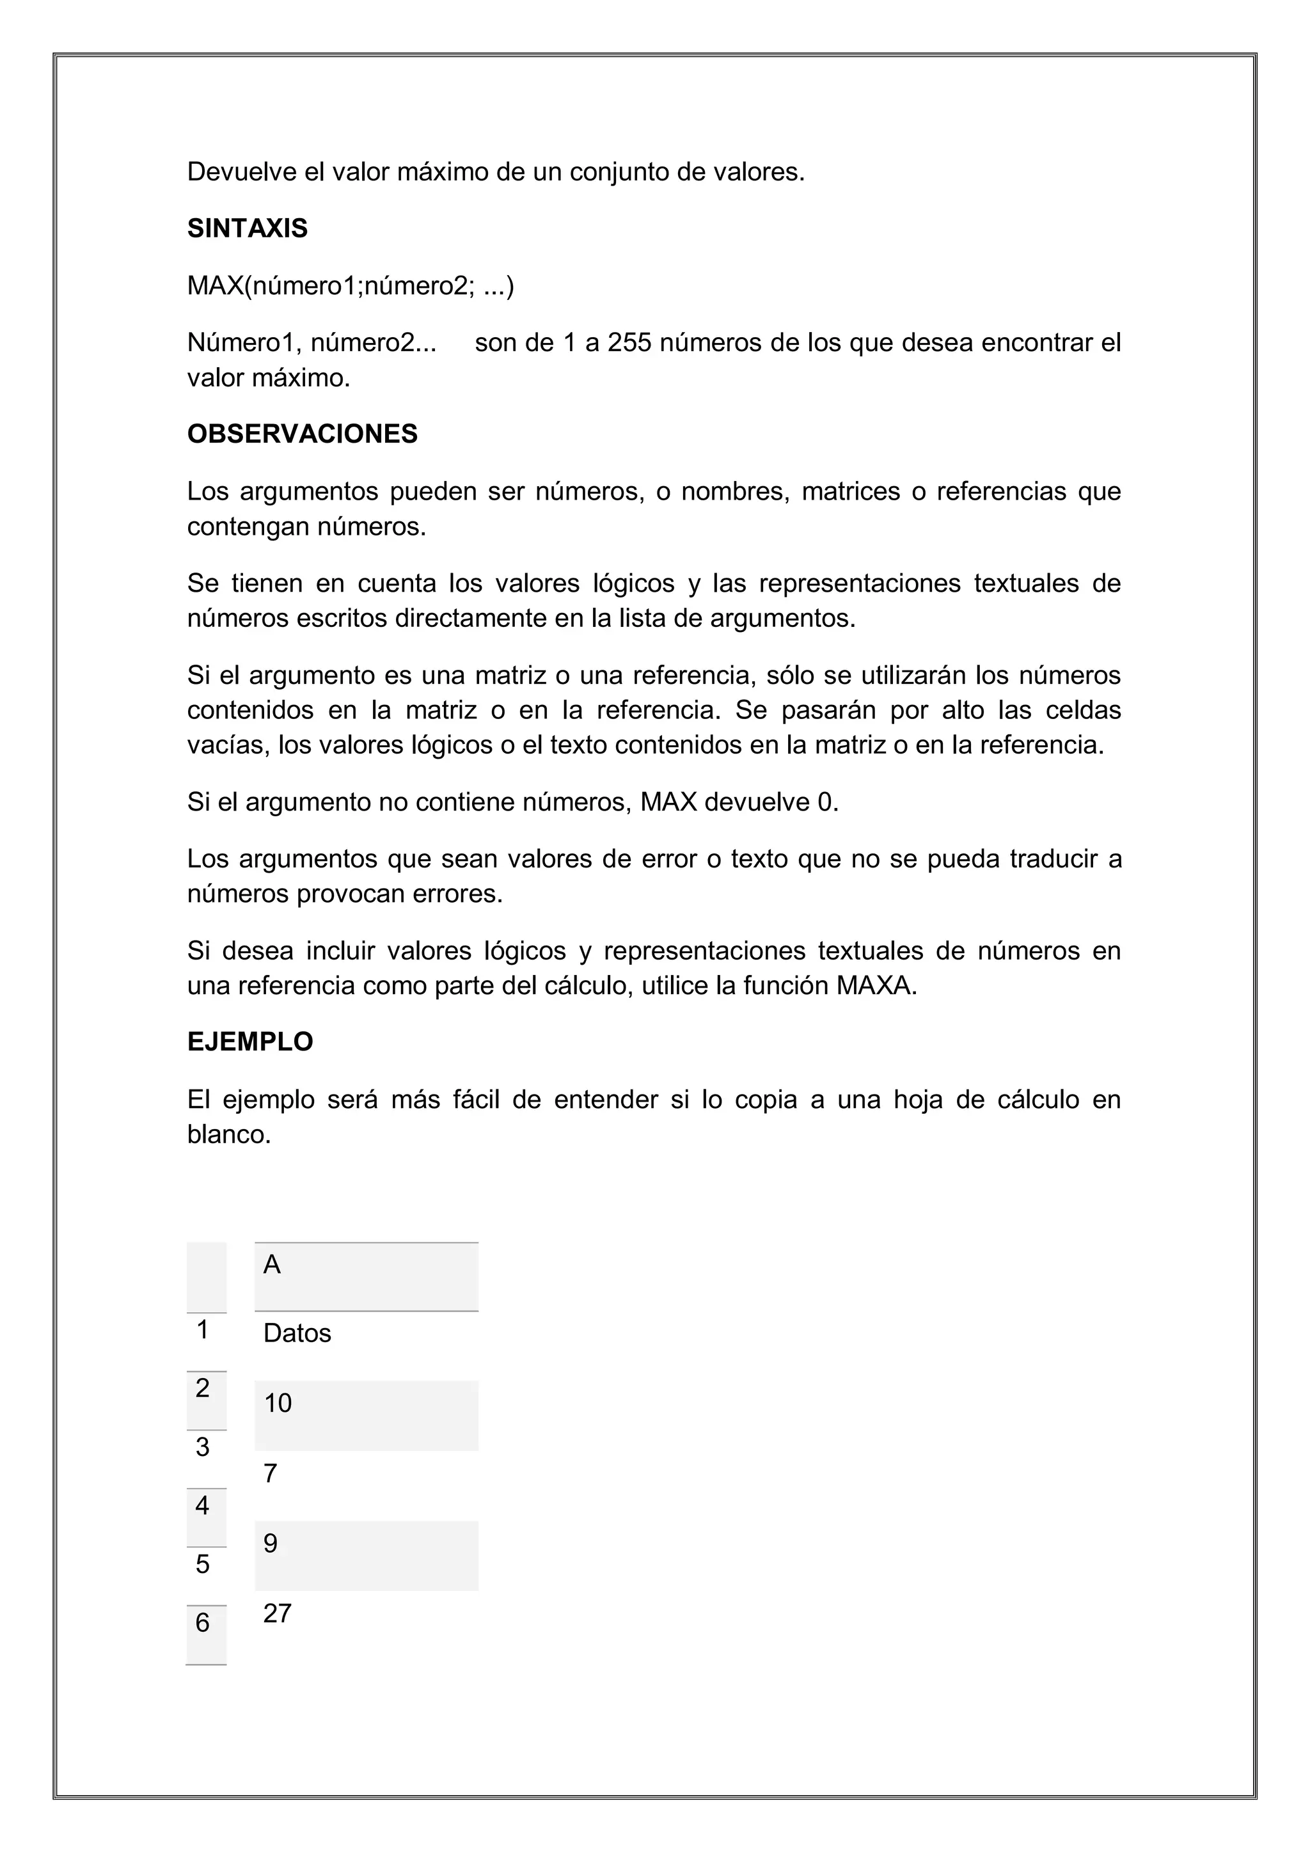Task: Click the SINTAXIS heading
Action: coord(247,229)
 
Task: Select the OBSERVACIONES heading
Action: coord(302,434)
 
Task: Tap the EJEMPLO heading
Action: coord(250,1042)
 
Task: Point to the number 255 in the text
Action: coord(629,343)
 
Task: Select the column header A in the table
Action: coord(272,1265)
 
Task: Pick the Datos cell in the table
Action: coord(297,1333)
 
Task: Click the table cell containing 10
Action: coord(278,1404)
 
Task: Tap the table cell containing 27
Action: coord(277,1613)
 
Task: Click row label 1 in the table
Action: coord(203,1329)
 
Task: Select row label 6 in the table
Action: coord(203,1622)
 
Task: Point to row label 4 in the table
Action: coord(203,1505)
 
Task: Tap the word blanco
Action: coord(228,1135)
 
